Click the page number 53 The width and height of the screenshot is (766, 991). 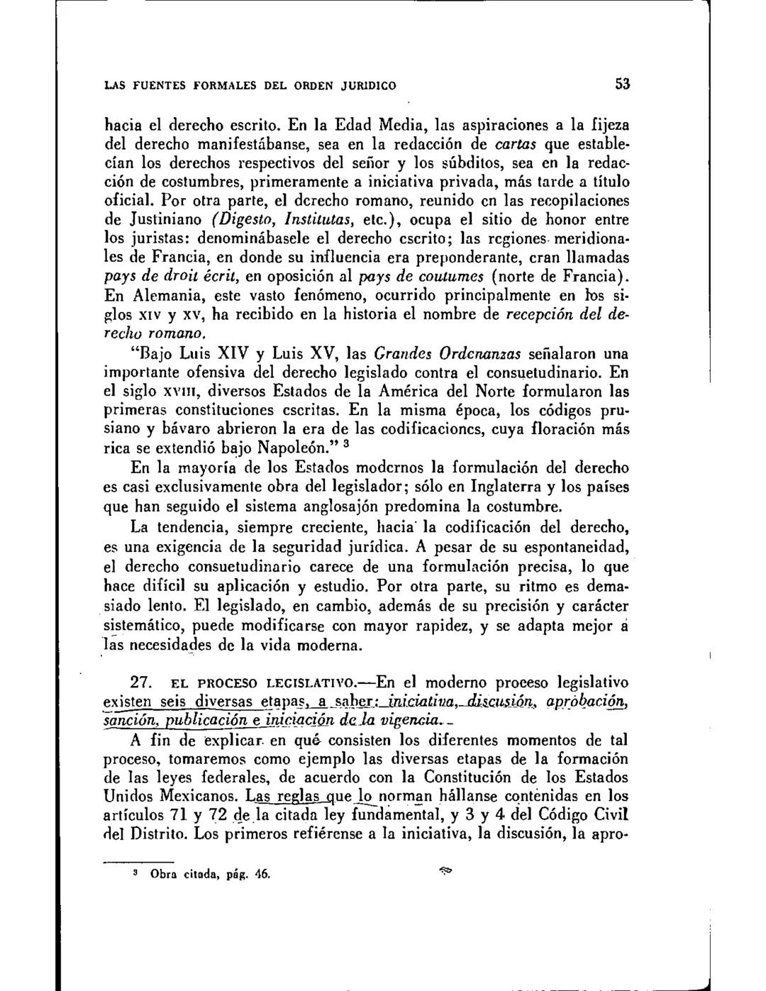pyautogui.click(x=622, y=84)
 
